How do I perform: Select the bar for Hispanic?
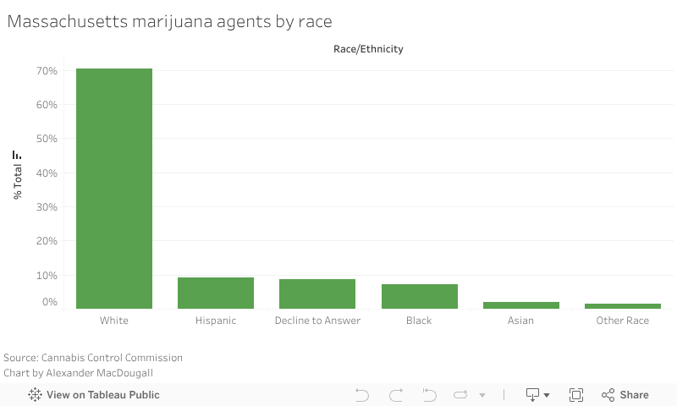point(216,293)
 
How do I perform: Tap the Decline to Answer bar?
point(317,294)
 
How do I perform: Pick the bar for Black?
point(419,296)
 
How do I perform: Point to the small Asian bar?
point(520,304)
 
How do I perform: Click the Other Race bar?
point(622,305)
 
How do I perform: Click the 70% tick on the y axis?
point(47,71)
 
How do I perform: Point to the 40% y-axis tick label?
point(47,173)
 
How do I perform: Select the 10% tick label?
point(47,276)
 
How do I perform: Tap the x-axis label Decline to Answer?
point(317,321)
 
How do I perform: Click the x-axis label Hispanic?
point(216,321)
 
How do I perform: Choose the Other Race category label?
point(622,321)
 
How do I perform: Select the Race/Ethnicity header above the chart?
point(368,49)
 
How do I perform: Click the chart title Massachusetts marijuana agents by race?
point(169,22)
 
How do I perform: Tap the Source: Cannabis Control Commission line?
point(93,358)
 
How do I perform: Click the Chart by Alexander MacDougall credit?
point(79,373)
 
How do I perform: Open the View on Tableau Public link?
point(94,395)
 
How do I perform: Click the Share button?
point(625,395)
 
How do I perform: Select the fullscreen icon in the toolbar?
point(576,395)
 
